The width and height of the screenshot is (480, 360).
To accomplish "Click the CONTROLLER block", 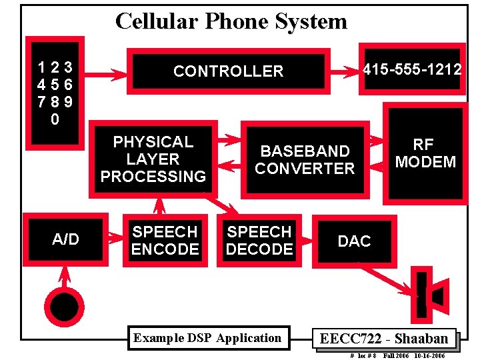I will (228, 71).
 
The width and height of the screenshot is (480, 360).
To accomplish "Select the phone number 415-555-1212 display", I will (411, 69).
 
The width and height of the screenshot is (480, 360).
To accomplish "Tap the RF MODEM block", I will (425, 154).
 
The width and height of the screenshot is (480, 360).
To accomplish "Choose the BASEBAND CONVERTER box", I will (305, 160).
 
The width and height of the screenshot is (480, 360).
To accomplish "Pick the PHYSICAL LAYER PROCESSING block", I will (153, 159).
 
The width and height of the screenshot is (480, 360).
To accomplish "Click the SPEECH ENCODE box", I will (165, 241).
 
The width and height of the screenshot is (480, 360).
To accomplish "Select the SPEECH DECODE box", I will (259, 241).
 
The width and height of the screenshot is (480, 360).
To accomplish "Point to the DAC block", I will (354, 241).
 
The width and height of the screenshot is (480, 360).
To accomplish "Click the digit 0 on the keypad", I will (55, 120).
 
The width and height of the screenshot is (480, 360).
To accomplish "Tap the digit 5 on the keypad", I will (56, 85).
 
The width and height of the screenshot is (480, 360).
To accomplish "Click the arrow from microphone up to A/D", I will (65, 277).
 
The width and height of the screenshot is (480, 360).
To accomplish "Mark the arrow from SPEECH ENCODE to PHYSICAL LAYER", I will (159, 203).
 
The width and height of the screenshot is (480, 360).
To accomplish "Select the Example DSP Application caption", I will (207, 338).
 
